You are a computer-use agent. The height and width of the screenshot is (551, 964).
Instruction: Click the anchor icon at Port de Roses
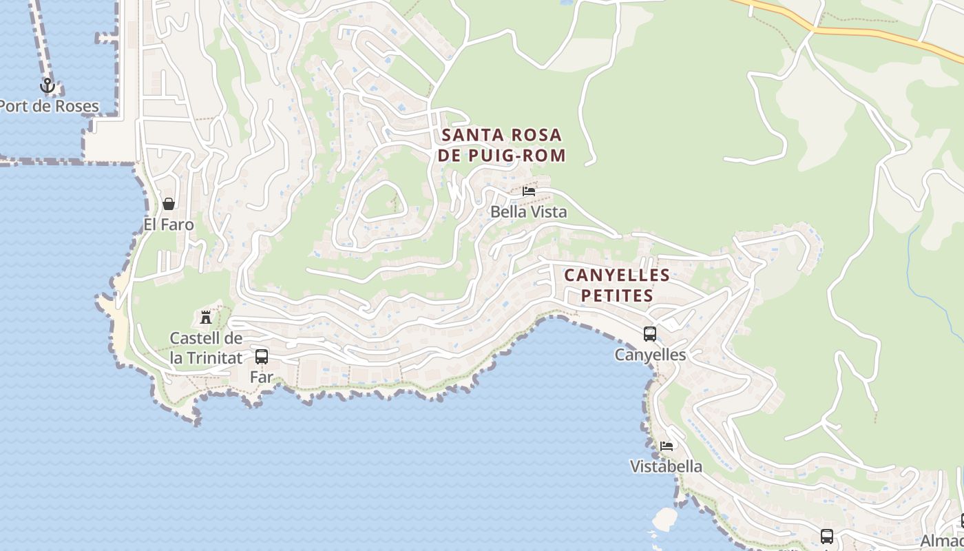tap(47, 86)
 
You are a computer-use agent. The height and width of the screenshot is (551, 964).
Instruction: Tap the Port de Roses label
tap(49, 107)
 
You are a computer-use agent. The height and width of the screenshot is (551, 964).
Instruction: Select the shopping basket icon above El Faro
tap(169, 204)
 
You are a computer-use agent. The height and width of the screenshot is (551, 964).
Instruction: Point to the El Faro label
tap(169, 225)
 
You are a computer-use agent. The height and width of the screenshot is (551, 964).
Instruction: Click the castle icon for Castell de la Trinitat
tap(205, 318)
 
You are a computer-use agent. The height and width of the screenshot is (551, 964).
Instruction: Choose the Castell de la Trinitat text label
tap(206, 349)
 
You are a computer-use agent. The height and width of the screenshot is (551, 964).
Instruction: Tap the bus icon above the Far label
tap(262, 357)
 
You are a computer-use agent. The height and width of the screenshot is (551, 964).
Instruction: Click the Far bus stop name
tap(262, 377)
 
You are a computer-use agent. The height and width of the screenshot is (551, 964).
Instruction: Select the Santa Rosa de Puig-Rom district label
tap(502, 145)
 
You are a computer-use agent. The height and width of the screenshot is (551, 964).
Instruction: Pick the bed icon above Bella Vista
tap(529, 191)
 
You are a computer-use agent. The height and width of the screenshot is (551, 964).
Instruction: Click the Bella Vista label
tap(529, 212)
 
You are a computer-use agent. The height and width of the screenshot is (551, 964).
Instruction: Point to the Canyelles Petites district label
tap(617, 285)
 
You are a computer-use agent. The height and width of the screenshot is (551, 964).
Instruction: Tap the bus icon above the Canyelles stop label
tap(650, 334)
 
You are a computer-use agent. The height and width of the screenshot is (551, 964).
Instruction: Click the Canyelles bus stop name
tap(650, 355)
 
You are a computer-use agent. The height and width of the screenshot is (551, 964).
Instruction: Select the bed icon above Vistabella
tap(667, 446)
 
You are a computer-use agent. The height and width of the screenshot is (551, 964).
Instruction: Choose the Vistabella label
tap(667, 466)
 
